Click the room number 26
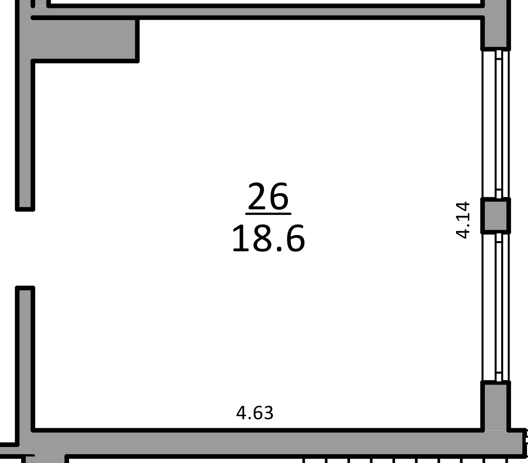click(268, 196)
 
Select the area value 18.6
click(268, 239)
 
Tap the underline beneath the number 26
click(268, 214)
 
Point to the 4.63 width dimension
click(255, 413)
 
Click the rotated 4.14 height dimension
click(462, 220)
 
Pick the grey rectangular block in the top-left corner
click(85, 39)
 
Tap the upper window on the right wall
click(496, 124)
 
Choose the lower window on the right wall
click(496, 307)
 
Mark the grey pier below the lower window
click(495, 406)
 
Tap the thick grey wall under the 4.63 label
click(269, 442)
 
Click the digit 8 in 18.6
click(264, 239)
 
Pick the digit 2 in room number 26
click(257, 196)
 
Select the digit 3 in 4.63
click(268, 413)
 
